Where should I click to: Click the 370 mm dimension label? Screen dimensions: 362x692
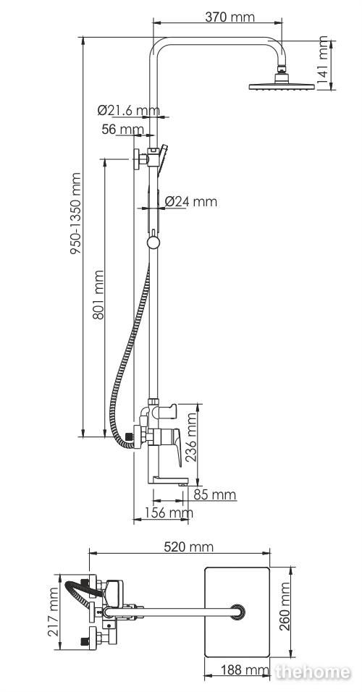click(230, 17)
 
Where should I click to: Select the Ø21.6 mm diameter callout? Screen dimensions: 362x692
click(128, 110)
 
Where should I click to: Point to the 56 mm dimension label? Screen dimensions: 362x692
click(123, 130)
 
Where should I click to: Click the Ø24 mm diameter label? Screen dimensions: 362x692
click(191, 202)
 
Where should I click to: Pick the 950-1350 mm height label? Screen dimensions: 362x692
click(76, 214)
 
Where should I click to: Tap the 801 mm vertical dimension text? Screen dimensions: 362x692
click(98, 295)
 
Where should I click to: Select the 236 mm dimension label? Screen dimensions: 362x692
click(192, 437)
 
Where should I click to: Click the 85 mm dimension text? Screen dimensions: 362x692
click(215, 494)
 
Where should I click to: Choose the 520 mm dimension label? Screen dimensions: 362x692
click(188, 547)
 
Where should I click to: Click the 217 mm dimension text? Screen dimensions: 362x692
click(54, 612)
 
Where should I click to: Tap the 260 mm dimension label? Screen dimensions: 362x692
click(285, 607)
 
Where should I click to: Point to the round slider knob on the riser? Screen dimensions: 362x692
click(153, 242)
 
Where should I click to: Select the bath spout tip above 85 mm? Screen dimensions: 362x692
click(183, 484)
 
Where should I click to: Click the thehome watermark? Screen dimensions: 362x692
click(313, 672)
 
